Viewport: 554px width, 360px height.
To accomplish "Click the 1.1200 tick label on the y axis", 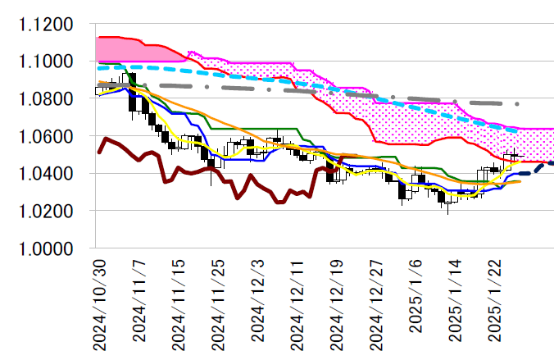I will coord(46,25).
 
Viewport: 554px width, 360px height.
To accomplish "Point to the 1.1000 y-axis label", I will coord(46,62).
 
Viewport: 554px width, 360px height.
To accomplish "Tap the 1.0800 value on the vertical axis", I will coord(46,99).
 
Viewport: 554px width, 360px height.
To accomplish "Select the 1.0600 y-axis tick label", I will coord(46,136).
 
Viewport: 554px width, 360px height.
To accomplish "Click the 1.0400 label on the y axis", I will coord(46,174).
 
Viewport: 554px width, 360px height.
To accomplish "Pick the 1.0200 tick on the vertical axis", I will coord(46,211).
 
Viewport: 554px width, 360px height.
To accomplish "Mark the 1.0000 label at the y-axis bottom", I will coord(46,248).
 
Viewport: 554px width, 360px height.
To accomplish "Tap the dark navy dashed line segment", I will coord(538,166).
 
